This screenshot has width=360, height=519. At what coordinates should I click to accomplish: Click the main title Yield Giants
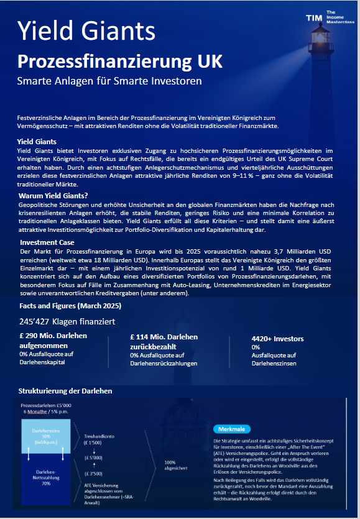[x=86, y=29]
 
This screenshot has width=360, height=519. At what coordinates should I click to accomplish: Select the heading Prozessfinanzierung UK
[x=119, y=62]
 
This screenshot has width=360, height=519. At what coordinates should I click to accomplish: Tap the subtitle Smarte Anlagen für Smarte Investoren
[x=109, y=81]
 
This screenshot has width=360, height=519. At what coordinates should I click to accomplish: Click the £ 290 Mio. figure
[x=53, y=336]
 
